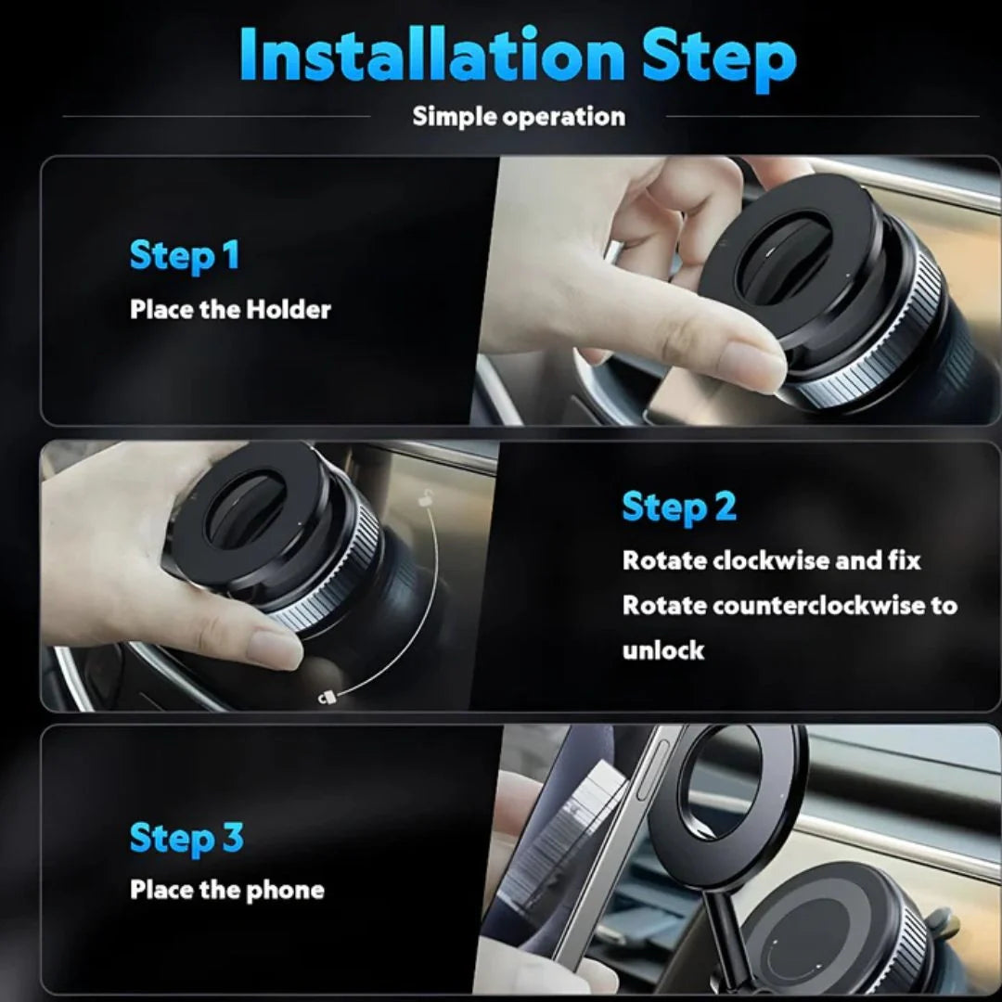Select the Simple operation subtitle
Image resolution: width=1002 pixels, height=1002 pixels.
519,117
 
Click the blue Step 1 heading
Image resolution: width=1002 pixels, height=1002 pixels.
185,256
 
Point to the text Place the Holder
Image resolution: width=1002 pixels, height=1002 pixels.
230,309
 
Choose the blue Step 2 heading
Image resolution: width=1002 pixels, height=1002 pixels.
678,507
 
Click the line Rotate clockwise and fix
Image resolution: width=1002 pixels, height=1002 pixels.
771,560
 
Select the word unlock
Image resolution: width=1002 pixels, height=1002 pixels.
662,650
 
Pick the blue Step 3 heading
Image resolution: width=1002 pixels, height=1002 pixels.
186,838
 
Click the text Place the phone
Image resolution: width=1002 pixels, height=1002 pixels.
227,890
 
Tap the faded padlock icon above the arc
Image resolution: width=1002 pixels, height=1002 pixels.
425,497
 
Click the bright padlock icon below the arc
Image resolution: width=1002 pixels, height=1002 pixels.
325,695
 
